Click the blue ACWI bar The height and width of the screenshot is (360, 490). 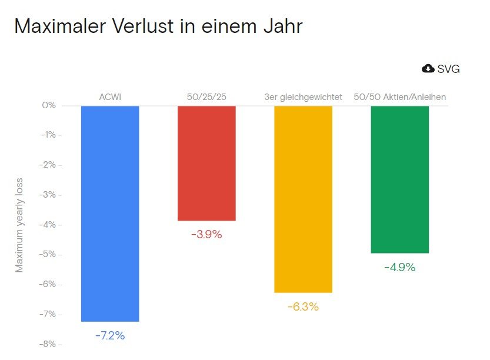point(110,214)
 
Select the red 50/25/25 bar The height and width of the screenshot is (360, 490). point(206,163)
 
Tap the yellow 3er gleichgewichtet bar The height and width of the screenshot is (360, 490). point(303,199)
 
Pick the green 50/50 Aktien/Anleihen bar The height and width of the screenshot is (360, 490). point(399,179)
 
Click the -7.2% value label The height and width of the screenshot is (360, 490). point(110,336)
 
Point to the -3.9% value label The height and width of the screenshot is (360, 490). point(206,234)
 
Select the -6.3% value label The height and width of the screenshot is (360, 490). point(303,306)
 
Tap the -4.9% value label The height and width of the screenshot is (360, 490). point(399,267)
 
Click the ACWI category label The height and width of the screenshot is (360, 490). point(110,96)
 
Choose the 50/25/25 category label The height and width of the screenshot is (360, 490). point(206,96)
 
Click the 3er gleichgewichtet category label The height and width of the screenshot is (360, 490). point(303,96)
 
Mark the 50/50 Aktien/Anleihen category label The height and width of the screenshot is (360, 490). point(400,96)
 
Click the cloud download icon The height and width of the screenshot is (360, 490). point(428,69)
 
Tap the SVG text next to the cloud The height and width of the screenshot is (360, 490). point(449,69)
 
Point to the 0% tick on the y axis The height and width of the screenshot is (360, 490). point(49,105)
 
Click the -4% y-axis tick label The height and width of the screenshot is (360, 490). point(47,225)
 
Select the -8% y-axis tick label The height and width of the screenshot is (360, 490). point(47,344)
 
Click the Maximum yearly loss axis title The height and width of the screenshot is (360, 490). point(19,224)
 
